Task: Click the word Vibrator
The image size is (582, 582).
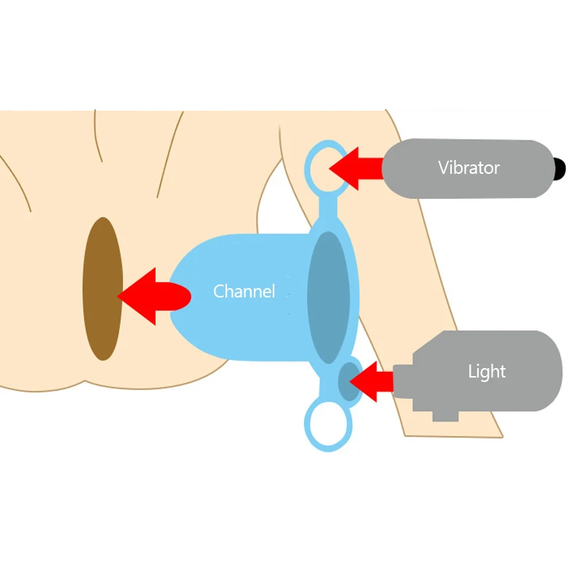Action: (x=469, y=168)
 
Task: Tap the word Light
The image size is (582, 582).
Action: (x=486, y=372)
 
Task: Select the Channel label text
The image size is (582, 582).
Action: (x=244, y=292)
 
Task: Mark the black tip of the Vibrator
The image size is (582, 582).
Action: (x=559, y=169)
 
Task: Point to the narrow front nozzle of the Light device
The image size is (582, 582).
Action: (x=403, y=380)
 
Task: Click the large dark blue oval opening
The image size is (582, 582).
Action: (x=327, y=294)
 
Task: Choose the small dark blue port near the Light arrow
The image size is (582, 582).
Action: (x=349, y=380)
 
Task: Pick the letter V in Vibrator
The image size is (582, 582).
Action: (x=443, y=168)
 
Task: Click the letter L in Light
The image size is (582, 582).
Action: (x=472, y=372)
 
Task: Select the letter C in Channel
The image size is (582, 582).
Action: (x=218, y=292)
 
